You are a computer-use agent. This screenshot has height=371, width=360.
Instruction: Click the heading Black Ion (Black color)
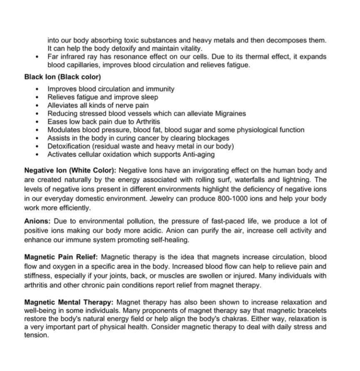click(x=62, y=77)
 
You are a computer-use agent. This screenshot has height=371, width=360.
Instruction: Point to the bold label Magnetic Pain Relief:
click(x=62, y=257)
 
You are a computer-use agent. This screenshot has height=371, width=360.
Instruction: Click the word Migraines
click(x=231, y=114)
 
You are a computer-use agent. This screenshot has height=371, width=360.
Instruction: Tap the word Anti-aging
click(x=199, y=154)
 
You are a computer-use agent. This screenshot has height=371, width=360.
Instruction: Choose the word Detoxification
click(x=69, y=146)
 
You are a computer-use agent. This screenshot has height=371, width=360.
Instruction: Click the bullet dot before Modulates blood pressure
click(x=38, y=130)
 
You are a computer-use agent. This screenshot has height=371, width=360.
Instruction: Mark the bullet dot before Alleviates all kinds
click(x=38, y=106)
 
